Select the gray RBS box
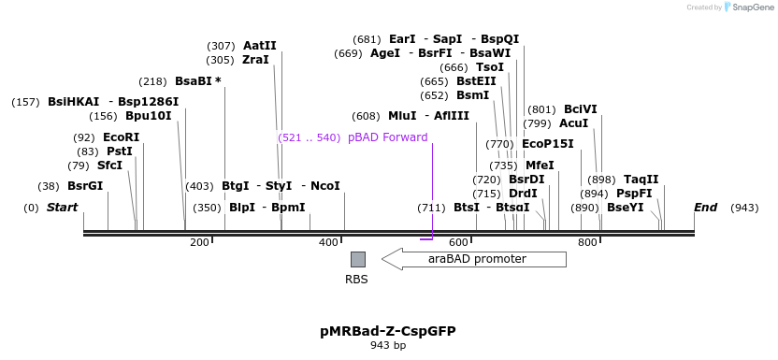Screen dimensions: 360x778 (357, 259)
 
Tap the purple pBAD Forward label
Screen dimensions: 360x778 (387, 137)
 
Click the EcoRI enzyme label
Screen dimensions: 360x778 (121, 137)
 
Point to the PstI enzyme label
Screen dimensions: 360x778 (119, 151)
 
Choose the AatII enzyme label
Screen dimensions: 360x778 (259, 45)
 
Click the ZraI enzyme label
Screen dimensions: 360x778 (255, 59)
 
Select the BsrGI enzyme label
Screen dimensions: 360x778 (84, 186)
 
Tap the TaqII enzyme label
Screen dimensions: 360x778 (641, 180)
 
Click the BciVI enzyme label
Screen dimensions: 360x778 (580, 109)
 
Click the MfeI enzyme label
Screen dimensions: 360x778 (540, 166)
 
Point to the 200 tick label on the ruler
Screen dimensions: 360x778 (199, 243)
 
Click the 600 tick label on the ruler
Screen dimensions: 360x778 (458, 243)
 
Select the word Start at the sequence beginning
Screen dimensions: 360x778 (62, 207)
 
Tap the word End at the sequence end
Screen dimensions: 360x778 (705, 207)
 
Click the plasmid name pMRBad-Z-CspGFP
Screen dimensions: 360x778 (388, 331)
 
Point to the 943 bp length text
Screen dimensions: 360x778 (388, 346)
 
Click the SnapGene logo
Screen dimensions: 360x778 (747, 7)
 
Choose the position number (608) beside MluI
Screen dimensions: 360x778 (366, 116)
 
